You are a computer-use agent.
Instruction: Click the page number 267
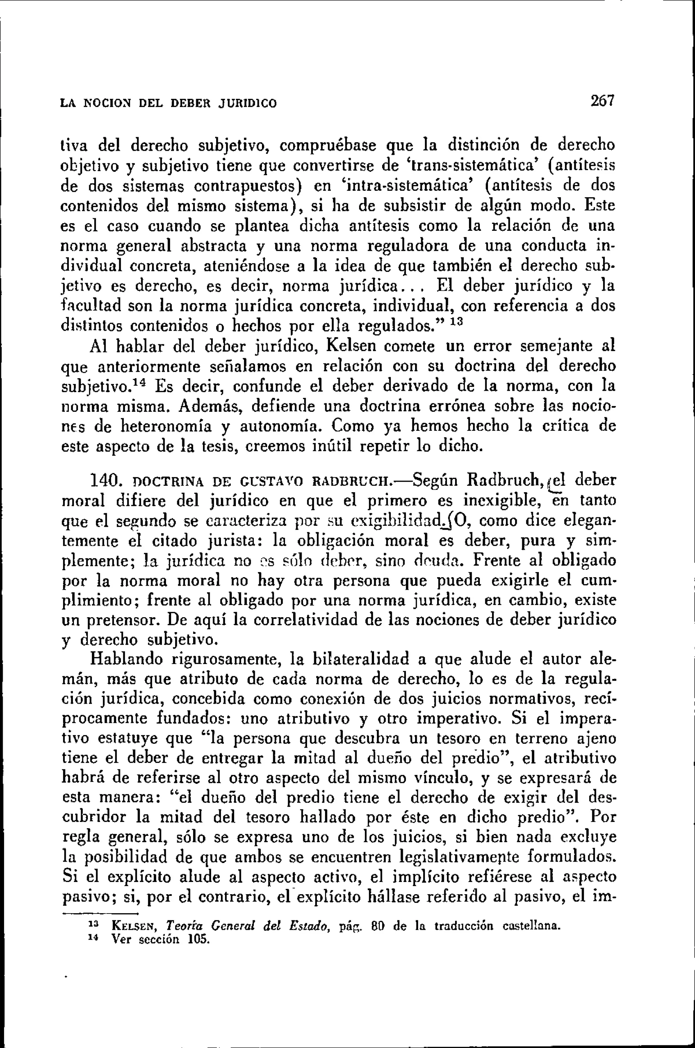tap(602, 102)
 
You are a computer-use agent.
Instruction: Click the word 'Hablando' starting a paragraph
tap(126, 660)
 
